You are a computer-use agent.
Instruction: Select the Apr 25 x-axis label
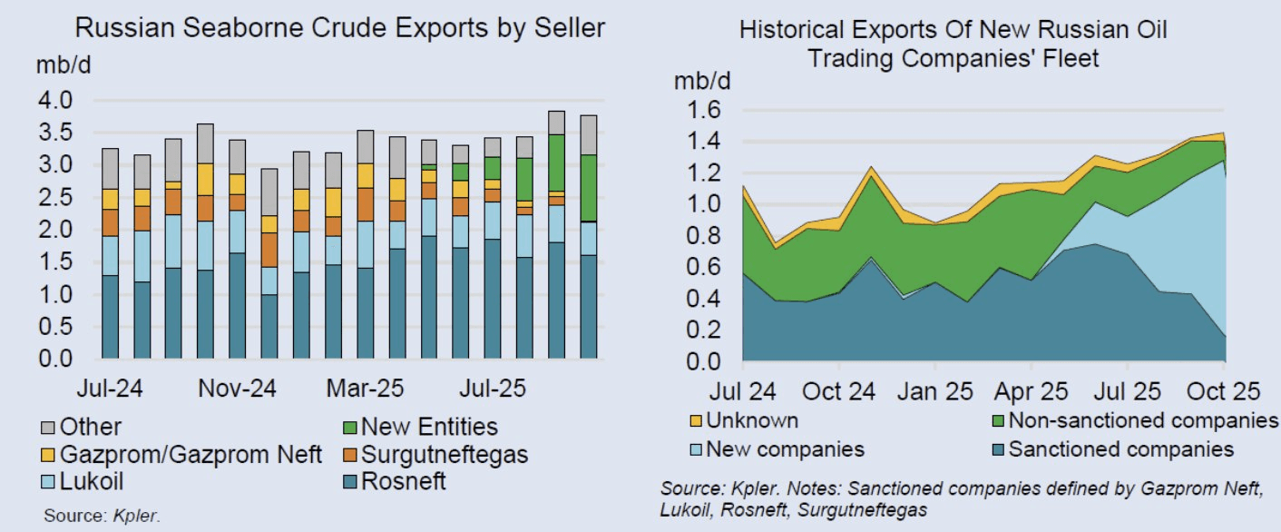point(1032,392)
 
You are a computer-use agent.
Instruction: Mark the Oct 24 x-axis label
point(838,392)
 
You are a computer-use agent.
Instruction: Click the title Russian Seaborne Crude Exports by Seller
point(339,28)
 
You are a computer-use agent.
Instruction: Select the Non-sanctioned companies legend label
point(1142,420)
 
